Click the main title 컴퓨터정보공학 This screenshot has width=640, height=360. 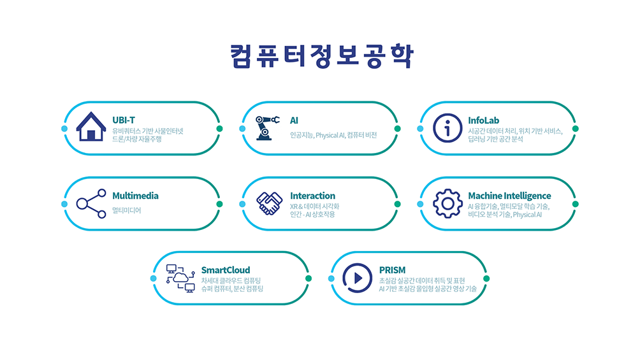(x=321, y=56)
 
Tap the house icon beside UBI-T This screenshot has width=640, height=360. (x=91, y=126)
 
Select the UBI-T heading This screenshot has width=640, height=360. (x=124, y=120)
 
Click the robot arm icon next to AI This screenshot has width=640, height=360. (x=267, y=127)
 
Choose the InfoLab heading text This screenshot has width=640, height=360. (x=484, y=120)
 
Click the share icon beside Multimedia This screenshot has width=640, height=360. (x=91, y=204)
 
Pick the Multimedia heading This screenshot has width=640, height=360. (x=135, y=196)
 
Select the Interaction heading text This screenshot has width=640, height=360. (x=312, y=196)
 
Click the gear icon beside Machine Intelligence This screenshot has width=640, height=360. (x=447, y=204)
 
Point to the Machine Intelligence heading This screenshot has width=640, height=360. (x=509, y=196)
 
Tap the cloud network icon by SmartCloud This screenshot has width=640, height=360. (x=180, y=278)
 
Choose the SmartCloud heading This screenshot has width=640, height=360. (x=226, y=270)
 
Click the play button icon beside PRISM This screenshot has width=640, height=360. (x=358, y=278)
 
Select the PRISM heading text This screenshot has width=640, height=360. (x=392, y=270)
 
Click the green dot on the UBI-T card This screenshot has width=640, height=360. (x=219, y=129)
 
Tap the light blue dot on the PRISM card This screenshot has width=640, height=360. (x=331, y=278)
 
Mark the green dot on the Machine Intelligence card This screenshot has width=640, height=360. (x=575, y=204)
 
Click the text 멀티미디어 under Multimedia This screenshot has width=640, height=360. (x=126, y=210)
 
